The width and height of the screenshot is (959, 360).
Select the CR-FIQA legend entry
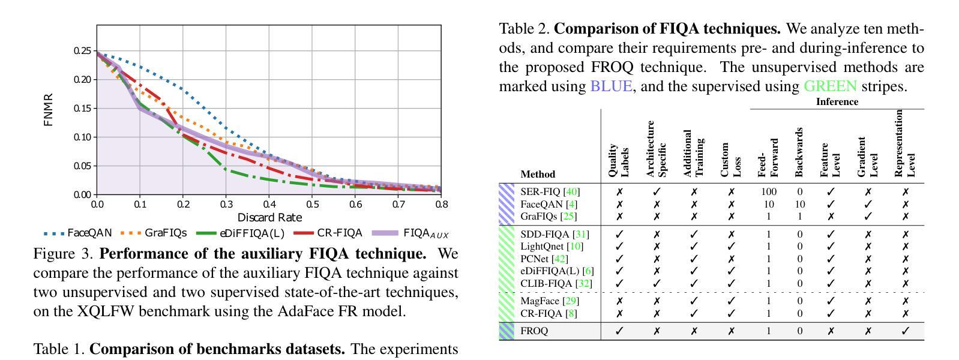tap(339, 233)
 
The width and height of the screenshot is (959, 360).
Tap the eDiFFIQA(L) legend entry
tap(251, 233)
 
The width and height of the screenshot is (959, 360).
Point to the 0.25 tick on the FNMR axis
tap(82, 51)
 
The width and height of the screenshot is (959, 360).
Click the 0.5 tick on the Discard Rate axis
tap(312, 204)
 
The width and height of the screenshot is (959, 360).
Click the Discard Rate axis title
tap(269, 217)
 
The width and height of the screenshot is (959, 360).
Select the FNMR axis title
tap(49, 109)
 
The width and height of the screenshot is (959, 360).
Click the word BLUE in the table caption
tap(611, 86)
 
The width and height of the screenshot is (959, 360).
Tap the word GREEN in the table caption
tap(830, 86)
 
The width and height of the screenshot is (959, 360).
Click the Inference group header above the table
tap(837, 102)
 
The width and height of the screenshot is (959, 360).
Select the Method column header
tap(538, 175)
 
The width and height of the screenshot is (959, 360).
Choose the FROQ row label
tap(534, 331)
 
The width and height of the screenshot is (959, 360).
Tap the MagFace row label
tap(540, 301)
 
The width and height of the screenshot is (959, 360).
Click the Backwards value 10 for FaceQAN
tap(799, 204)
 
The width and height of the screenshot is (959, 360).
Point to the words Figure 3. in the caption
tap(64, 254)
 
